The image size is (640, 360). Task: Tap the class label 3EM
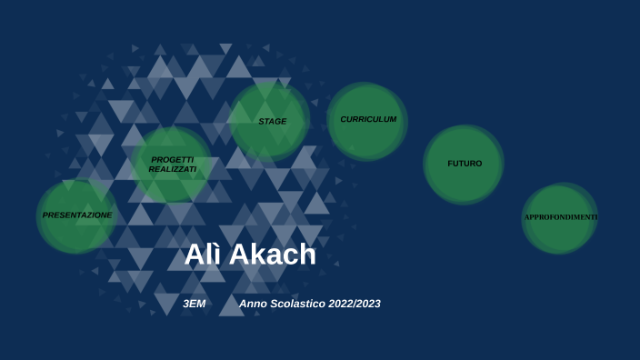[x=194, y=304]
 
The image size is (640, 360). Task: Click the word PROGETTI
[x=173, y=159]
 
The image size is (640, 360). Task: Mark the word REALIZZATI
[x=173, y=169]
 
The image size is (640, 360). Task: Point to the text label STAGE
[x=272, y=121]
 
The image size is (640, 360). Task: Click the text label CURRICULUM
[x=368, y=119]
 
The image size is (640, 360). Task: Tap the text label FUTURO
[x=465, y=164]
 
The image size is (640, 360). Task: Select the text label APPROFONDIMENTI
[x=560, y=217]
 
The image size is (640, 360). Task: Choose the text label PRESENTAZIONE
[x=77, y=215]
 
